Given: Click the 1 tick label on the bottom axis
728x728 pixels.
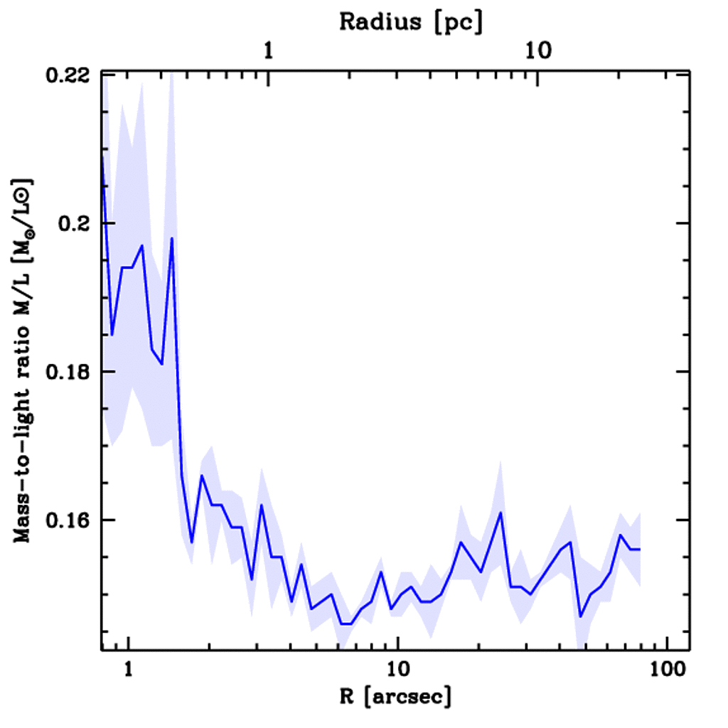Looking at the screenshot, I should [129, 670].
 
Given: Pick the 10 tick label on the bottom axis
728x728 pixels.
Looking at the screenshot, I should [398, 670].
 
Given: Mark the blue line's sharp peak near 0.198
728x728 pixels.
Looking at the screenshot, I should [172, 238].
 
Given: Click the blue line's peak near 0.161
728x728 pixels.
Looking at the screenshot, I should [500, 513].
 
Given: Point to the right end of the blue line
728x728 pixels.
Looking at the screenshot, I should [640, 550].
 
